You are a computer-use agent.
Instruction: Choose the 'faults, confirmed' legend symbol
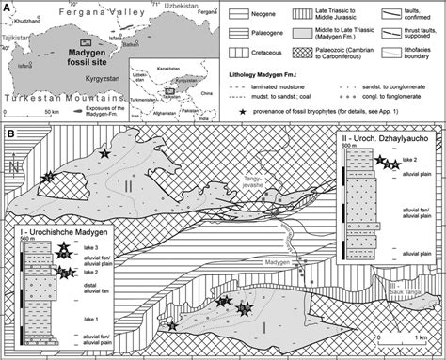374,12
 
